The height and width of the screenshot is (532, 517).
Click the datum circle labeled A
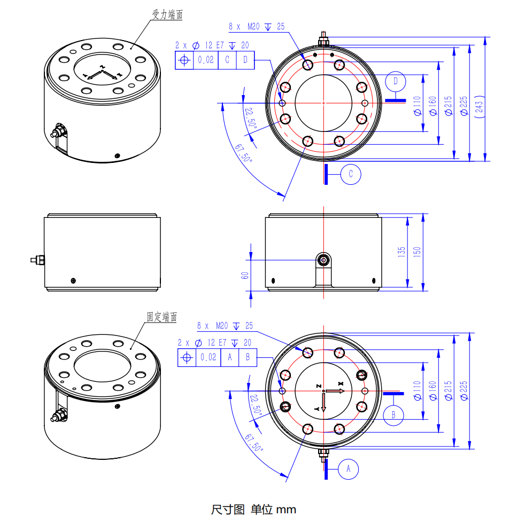(x=349, y=468)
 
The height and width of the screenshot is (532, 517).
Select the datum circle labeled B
(x=393, y=414)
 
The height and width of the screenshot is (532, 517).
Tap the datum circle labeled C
(x=351, y=174)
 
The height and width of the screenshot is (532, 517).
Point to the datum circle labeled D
(x=396, y=81)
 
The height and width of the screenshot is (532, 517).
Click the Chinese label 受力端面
(x=167, y=15)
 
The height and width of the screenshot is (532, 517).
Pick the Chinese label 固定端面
(x=162, y=317)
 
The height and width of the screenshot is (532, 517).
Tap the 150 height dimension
(x=417, y=251)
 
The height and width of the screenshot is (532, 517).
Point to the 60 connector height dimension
(x=245, y=276)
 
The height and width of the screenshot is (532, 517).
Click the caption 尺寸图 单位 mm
(x=253, y=510)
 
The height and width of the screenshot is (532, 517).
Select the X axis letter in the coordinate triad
(x=341, y=384)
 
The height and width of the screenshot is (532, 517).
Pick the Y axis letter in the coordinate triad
(x=317, y=408)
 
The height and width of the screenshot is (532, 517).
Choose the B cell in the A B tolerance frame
(x=248, y=357)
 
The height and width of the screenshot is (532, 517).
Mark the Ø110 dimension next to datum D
(x=417, y=105)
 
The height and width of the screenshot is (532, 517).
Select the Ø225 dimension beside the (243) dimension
(x=463, y=105)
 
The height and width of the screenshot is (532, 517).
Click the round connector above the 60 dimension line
(x=324, y=260)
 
